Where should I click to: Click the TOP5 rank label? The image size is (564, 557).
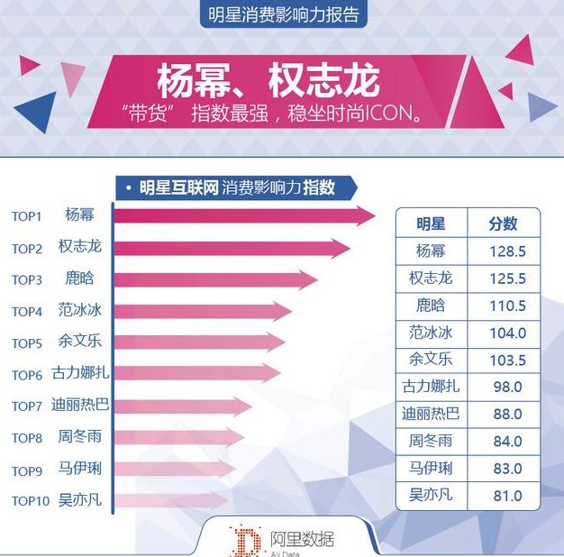click(27, 343)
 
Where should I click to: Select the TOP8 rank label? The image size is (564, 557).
click(27, 438)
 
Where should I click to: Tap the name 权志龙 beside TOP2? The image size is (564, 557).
click(80, 247)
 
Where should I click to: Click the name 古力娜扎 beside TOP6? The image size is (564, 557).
click(81, 374)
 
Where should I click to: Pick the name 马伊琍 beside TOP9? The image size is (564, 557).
click(80, 470)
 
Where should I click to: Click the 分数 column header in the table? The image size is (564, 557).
click(504, 224)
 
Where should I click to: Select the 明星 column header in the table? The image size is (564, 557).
click(431, 224)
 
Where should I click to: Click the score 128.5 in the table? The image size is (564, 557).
click(507, 251)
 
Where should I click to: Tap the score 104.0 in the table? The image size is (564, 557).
click(507, 333)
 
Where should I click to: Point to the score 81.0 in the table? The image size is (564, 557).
click(507, 496)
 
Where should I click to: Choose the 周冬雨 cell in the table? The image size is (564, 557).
click(431, 442)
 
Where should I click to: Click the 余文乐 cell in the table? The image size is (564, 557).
click(431, 360)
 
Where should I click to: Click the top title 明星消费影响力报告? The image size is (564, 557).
click(283, 14)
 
